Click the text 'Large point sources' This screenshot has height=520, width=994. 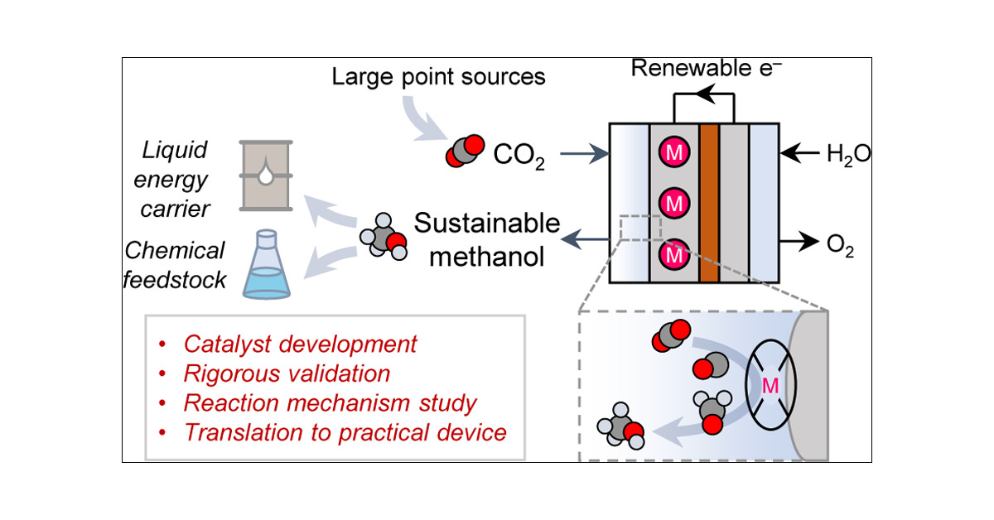click(438, 78)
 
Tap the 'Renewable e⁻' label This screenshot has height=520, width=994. click(702, 69)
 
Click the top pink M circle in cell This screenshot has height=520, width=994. click(674, 152)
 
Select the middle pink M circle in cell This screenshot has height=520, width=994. click(674, 203)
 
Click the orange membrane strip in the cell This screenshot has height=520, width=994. click(708, 203)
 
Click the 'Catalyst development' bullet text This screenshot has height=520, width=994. click(301, 344)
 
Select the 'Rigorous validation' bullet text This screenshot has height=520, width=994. click(287, 373)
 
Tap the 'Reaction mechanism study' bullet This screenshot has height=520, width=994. click(331, 403)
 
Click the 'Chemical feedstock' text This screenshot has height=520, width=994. click(174, 265)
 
